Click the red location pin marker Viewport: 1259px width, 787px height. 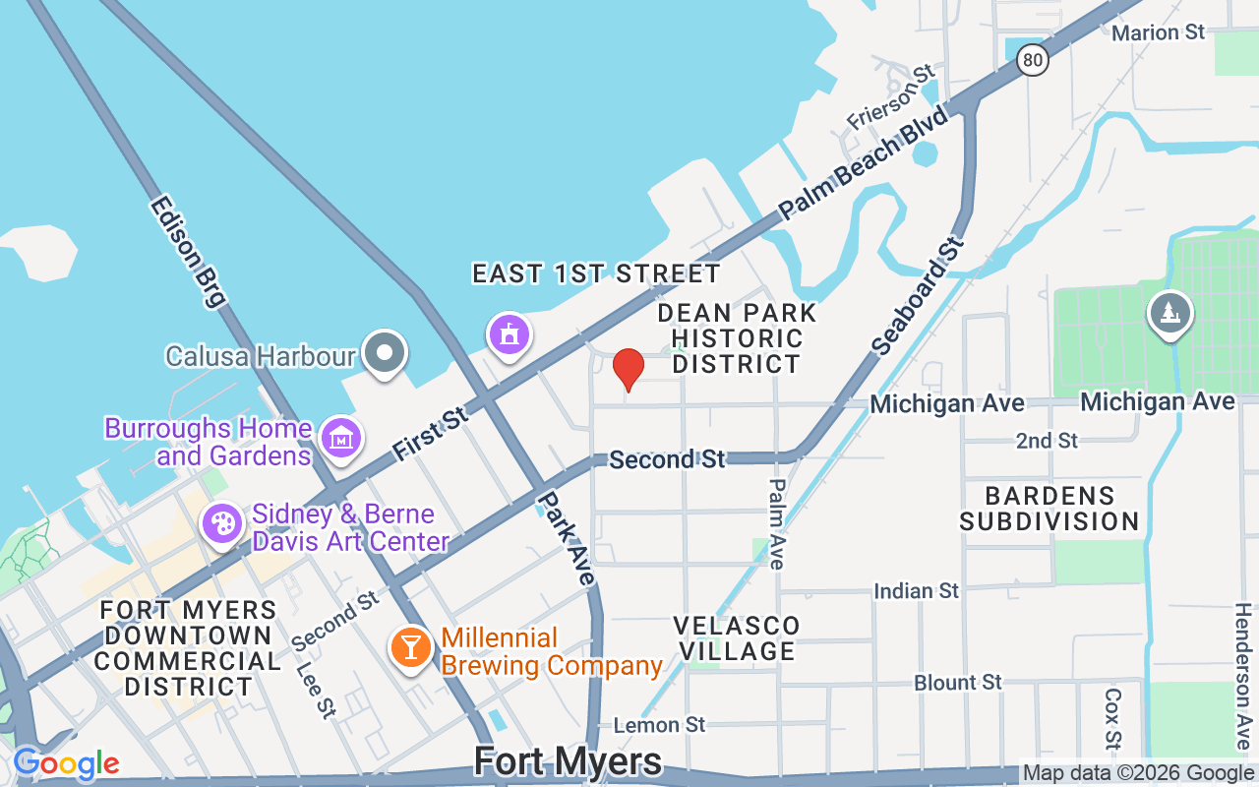(x=629, y=370)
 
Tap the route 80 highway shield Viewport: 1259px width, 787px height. (x=1032, y=61)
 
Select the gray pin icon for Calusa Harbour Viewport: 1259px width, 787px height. (x=385, y=353)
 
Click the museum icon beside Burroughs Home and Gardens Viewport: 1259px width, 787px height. (x=341, y=439)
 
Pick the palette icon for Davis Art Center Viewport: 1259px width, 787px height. (x=223, y=523)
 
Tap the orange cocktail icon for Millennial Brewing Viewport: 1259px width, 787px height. (x=410, y=647)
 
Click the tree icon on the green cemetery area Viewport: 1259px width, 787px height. (x=1169, y=314)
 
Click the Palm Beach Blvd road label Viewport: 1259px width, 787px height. (x=864, y=162)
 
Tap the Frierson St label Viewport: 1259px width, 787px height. (x=891, y=97)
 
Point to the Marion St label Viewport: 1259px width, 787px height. (x=1158, y=32)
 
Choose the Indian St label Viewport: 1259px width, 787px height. (x=916, y=590)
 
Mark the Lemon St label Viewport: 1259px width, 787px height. (x=659, y=725)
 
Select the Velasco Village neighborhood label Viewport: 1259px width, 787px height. (x=737, y=638)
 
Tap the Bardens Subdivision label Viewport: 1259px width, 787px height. (x=1049, y=508)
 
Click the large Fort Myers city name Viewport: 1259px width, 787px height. (x=568, y=761)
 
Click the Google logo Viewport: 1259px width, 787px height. (x=66, y=763)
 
